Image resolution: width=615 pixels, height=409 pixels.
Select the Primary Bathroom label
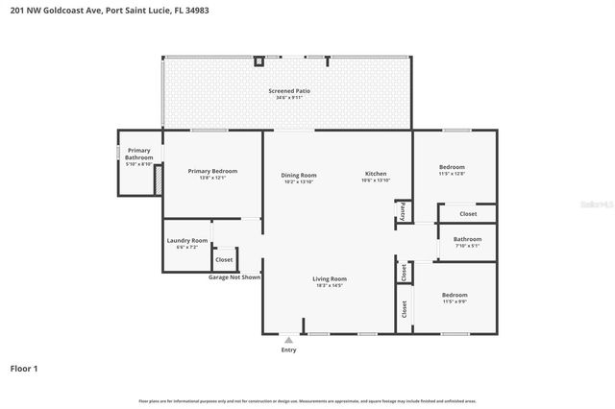click(139, 154)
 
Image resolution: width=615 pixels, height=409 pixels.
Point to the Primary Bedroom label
click(212, 171)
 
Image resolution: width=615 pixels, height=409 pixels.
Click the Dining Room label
click(299, 175)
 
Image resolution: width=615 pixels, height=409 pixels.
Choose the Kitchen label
click(376, 175)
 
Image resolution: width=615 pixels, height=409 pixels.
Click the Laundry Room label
click(186, 240)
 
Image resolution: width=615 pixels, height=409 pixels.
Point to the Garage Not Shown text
click(234, 277)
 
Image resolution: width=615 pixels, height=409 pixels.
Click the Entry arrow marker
click(288, 340)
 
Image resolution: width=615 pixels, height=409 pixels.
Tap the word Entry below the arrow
click(288, 350)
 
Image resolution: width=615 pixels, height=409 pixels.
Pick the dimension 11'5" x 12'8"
click(452, 174)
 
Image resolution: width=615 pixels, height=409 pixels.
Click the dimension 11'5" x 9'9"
click(455, 301)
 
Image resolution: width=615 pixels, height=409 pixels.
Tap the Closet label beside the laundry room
click(224, 259)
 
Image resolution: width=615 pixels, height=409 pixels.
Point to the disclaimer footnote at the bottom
click(307, 400)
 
